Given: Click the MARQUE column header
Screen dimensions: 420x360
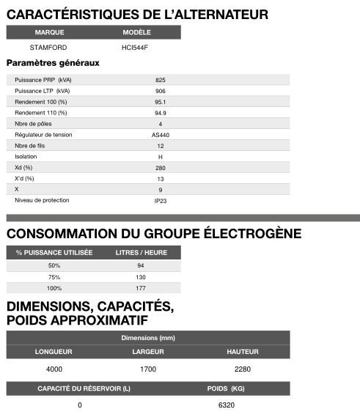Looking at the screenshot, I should pos(49,33).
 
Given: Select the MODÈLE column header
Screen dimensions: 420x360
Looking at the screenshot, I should pos(136,33).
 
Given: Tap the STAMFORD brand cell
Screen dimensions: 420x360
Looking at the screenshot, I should pos(49,48).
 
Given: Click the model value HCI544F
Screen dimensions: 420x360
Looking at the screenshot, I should pos(136,48).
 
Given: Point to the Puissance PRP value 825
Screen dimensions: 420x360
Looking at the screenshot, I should pos(160,80).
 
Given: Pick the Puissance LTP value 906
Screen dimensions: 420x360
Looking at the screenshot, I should pos(160,91).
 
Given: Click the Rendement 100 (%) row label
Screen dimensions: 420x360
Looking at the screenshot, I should pos(41,102).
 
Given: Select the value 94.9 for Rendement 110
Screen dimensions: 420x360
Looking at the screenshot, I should pos(160,113).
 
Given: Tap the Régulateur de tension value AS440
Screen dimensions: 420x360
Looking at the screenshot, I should pos(160,135).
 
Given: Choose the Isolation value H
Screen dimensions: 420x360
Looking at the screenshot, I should pos(160,157).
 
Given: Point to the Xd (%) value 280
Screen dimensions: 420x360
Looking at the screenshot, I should pos(160,168).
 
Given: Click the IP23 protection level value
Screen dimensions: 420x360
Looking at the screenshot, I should pos(160,200).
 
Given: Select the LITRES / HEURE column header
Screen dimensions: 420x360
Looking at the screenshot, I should pos(141,252).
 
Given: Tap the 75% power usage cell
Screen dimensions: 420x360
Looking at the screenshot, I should pos(54,276).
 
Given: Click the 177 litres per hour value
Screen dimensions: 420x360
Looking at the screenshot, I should pos(141,288).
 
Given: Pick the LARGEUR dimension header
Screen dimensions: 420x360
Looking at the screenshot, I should pos(148,352).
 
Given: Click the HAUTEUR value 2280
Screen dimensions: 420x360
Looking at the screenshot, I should pos(242,369).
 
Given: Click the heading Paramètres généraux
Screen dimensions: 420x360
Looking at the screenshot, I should pos(53,63).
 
